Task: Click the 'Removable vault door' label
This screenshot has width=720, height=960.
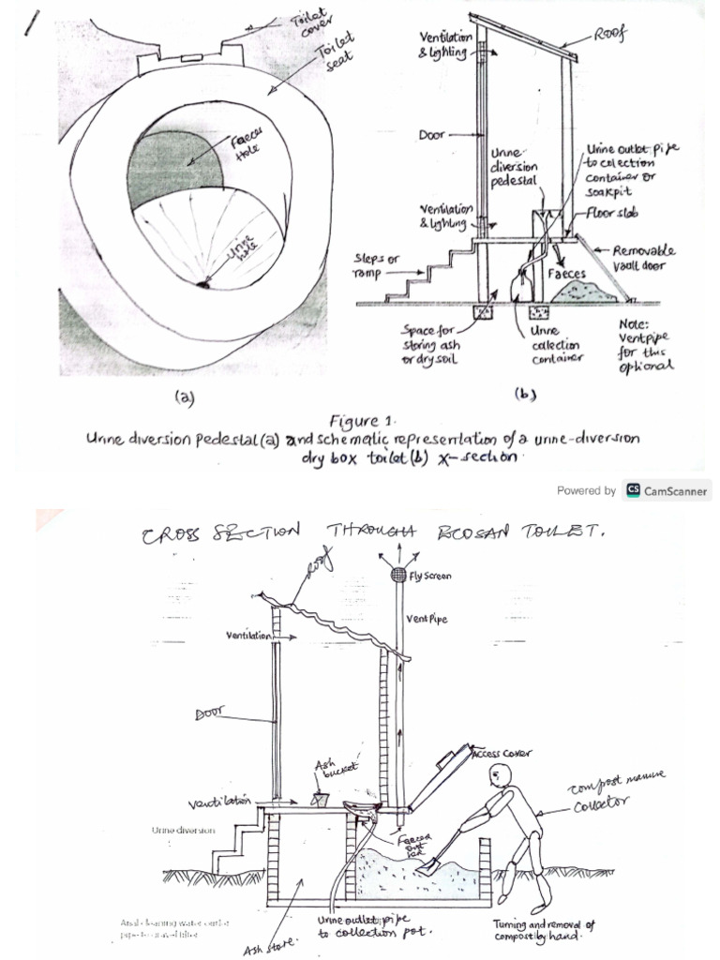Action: coord(644,260)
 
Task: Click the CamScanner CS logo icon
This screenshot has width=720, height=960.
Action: coord(633,489)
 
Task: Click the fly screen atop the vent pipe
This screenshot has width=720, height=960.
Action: coord(397,573)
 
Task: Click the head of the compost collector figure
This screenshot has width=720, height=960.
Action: coord(501,774)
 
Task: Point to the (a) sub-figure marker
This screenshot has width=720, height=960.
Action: coord(185,397)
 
